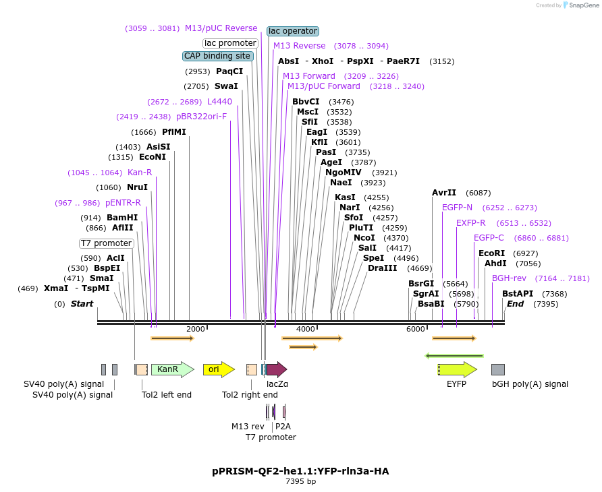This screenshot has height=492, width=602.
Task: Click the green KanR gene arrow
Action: click(x=171, y=369)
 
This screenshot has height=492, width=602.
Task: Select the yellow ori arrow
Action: click(x=218, y=369)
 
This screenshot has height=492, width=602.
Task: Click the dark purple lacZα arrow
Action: click(x=276, y=369)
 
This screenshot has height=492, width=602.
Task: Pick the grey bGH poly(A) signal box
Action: click(x=498, y=369)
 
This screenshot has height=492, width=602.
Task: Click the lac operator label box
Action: click(x=292, y=31)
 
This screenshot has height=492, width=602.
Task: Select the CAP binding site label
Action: click(x=218, y=56)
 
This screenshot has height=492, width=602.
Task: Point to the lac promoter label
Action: click(x=230, y=43)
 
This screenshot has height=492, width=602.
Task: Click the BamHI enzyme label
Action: click(x=122, y=218)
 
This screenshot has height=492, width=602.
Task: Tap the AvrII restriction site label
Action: click(x=444, y=193)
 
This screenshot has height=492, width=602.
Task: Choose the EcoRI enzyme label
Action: click(x=491, y=253)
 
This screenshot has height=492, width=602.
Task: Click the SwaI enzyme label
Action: click(x=226, y=86)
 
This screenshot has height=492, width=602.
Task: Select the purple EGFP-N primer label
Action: click(x=458, y=208)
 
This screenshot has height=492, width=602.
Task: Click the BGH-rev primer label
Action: click(x=509, y=278)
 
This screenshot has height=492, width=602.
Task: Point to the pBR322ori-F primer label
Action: click(x=202, y=117)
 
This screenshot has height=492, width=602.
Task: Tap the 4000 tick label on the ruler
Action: click(x=306, y=329)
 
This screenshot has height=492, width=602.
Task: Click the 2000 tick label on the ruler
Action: click(x=195, y=329)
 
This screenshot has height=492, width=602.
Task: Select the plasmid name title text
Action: click(x=300, y=471)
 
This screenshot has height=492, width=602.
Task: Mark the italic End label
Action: click(x=515, y=304)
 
